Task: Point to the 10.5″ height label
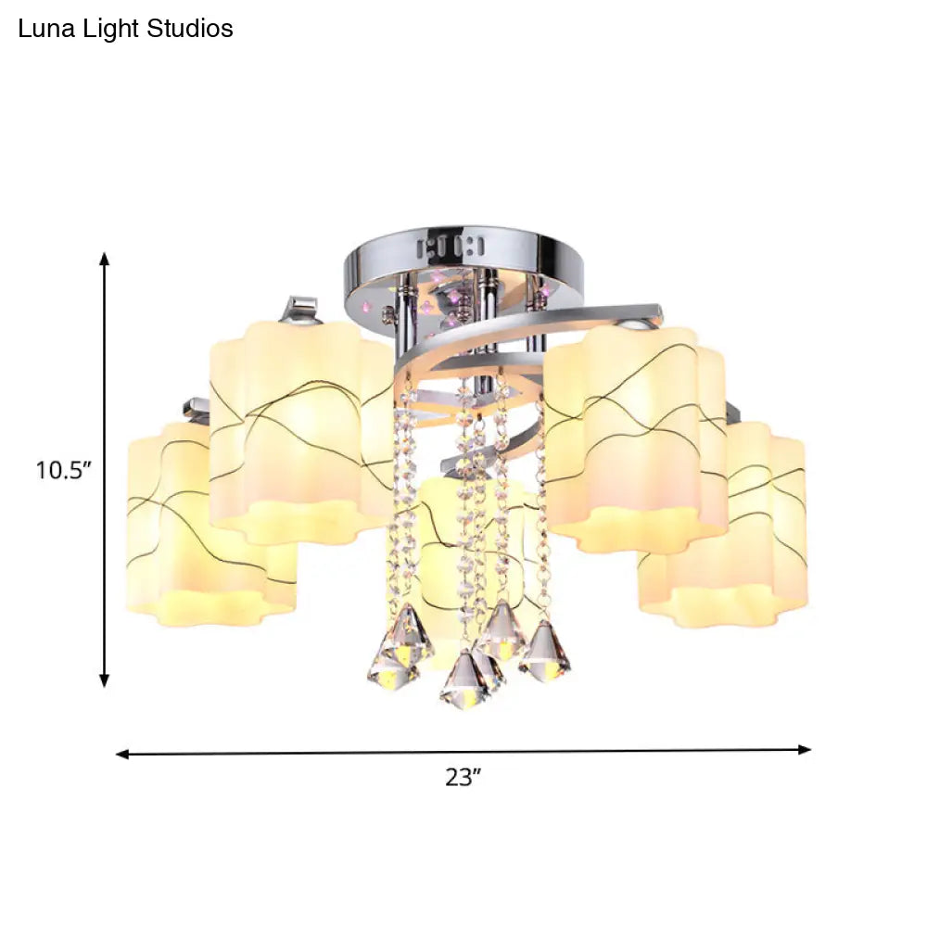click(64, 470)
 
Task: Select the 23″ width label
click(463, 778)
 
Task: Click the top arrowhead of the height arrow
click(105, 260)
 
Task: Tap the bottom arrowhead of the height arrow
click(105, 679)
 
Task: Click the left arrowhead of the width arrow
click(123, 754)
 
